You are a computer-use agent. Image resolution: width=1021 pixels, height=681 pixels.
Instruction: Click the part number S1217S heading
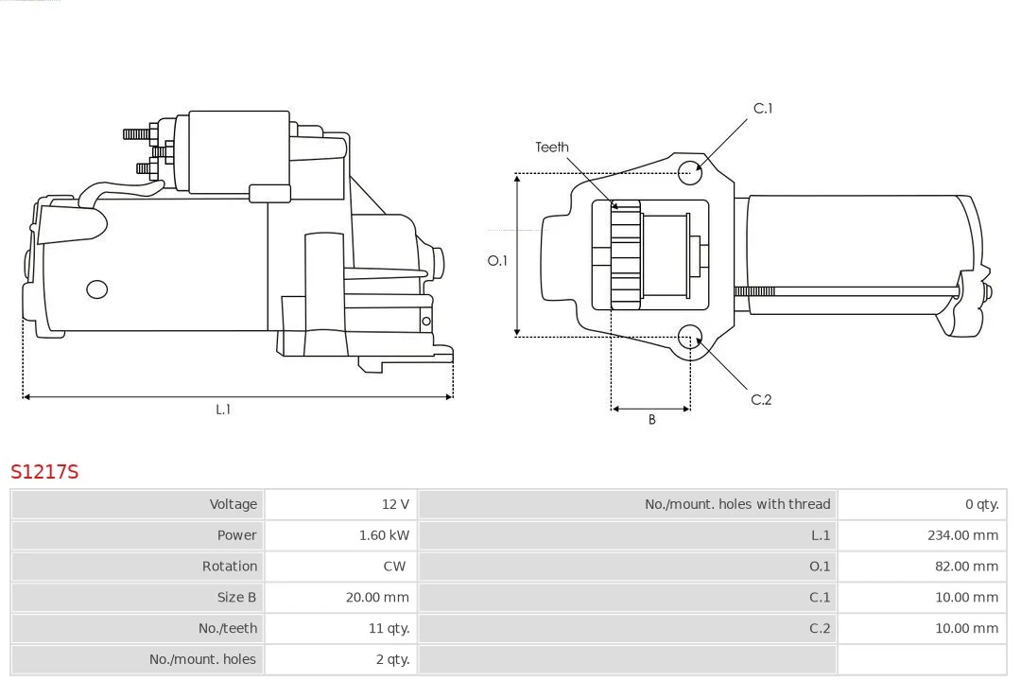44,471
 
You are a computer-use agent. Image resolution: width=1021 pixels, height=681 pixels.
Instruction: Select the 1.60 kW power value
384,535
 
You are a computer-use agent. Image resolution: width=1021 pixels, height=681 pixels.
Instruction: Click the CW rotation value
394,567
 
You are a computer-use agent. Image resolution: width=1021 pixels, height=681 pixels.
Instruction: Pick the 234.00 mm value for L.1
962,535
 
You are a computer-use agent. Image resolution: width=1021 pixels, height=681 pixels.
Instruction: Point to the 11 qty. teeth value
389,628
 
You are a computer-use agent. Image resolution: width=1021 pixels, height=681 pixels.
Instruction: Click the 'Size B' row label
236,597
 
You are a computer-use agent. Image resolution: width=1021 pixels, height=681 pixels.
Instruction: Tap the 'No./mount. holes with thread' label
737,504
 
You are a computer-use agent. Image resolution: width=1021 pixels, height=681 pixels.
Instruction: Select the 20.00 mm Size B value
377,597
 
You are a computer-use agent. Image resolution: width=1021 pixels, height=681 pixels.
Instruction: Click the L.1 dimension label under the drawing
223,410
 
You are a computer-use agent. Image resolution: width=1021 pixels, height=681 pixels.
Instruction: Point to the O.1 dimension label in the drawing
497,260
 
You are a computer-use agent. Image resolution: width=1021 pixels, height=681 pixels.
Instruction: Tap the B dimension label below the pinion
651,420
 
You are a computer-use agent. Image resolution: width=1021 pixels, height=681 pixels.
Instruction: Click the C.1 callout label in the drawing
762,109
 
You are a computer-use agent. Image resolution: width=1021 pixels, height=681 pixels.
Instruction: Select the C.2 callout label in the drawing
761,400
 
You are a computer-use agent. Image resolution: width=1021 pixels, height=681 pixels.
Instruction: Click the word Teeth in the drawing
552,148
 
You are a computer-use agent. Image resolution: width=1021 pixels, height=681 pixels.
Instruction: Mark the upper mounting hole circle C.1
691,170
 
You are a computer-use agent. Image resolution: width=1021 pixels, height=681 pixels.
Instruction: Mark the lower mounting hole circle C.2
691,336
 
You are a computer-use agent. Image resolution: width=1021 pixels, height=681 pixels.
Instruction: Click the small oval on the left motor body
96,288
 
